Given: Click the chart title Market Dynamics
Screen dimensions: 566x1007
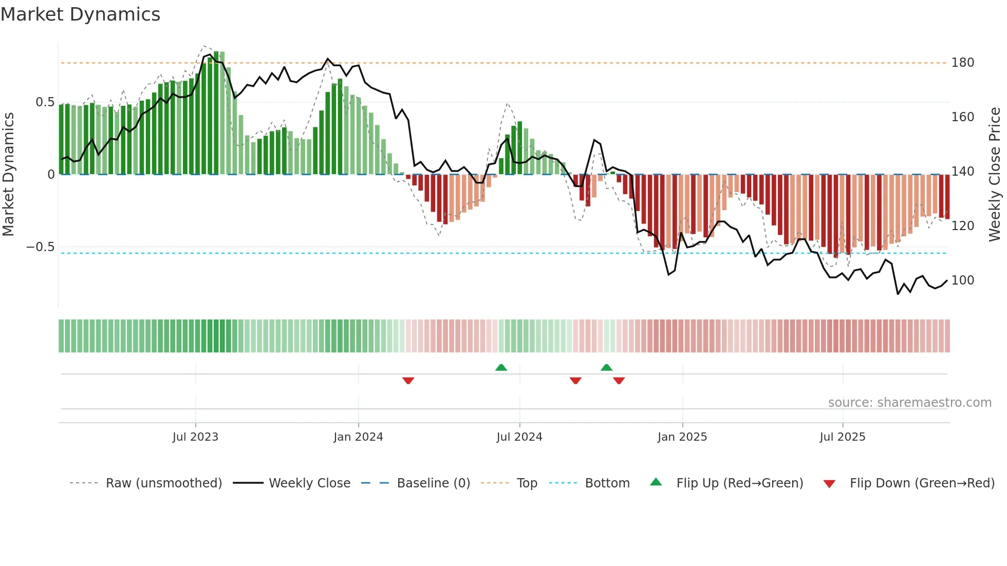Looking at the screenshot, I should tap(81, 14).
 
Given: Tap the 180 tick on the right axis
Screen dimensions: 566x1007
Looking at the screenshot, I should tap(962, 63).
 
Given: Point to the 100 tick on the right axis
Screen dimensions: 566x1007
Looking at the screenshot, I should tap(962, 280).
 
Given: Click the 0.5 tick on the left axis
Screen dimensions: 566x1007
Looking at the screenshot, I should tap(45, 102).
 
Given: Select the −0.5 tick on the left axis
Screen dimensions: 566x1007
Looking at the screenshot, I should tap(41, 247).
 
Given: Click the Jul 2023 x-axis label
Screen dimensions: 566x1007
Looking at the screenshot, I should tap(195, 437).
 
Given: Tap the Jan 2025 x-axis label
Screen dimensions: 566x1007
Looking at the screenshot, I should tap(682, 437).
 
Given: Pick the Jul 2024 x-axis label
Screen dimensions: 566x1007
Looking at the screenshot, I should tap(519, 437).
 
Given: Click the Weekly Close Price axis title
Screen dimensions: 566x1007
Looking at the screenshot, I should tap(995, 175).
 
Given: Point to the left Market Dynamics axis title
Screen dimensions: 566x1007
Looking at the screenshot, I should tap(8, 175).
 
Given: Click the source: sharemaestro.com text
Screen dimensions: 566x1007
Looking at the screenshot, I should tap(909, 403).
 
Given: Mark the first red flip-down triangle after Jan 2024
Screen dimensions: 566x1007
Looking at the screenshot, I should tap(408, 380).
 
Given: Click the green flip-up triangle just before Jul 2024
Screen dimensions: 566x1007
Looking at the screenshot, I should tap(501, 367).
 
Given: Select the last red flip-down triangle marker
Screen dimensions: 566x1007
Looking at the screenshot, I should tap(619, 380).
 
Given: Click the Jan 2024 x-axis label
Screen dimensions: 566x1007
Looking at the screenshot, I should tap(358, 437).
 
